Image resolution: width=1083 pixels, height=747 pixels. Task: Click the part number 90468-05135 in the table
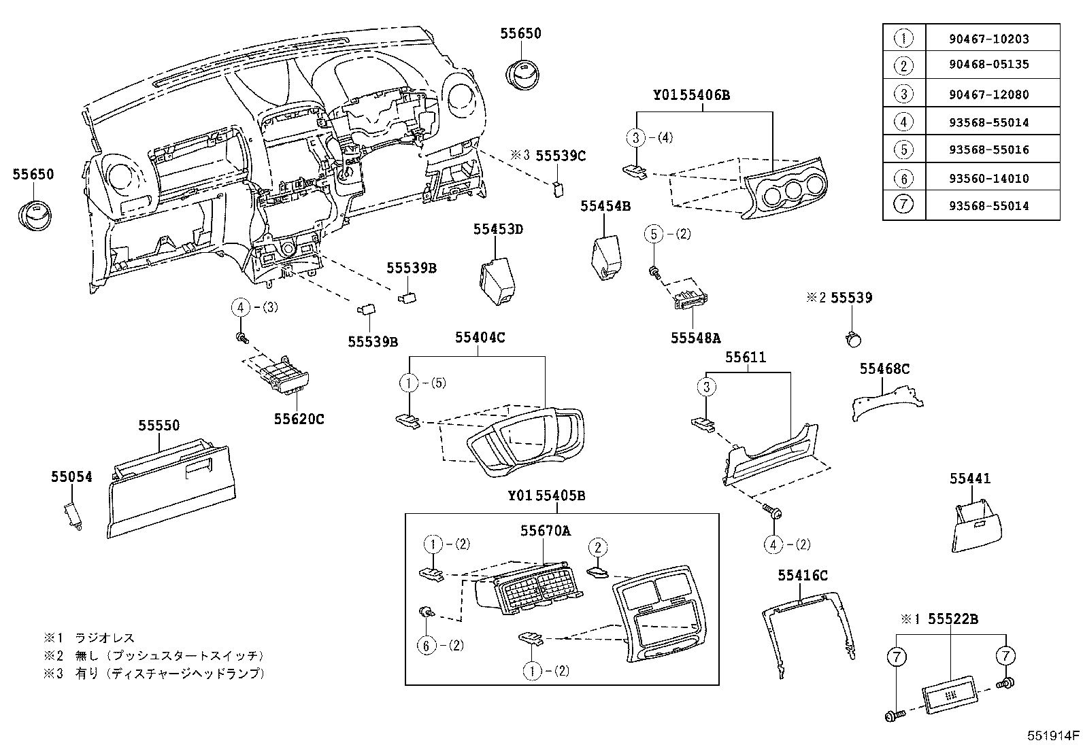coord(988,65)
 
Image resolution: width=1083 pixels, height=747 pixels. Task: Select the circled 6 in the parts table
coord(903,179)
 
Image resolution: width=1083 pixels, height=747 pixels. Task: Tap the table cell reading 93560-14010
coord(988,179)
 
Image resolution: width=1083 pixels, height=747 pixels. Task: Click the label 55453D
coord(498,229)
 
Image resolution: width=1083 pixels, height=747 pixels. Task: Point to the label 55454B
coord(605,205)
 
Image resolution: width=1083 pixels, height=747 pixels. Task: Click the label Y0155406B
coord(691,95)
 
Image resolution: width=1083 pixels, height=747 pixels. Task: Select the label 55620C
coord(299,419)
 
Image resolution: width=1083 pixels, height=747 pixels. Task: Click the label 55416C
coord(803,576)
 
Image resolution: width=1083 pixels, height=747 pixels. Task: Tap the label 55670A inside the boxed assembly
coord(546,531)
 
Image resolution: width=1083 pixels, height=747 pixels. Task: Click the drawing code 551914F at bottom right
coord(1053,735)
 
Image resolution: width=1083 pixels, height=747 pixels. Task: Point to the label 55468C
coord(884,369)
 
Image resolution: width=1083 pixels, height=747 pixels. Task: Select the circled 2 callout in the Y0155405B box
coord(597,547)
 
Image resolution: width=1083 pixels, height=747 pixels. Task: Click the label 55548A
coord(695,337)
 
